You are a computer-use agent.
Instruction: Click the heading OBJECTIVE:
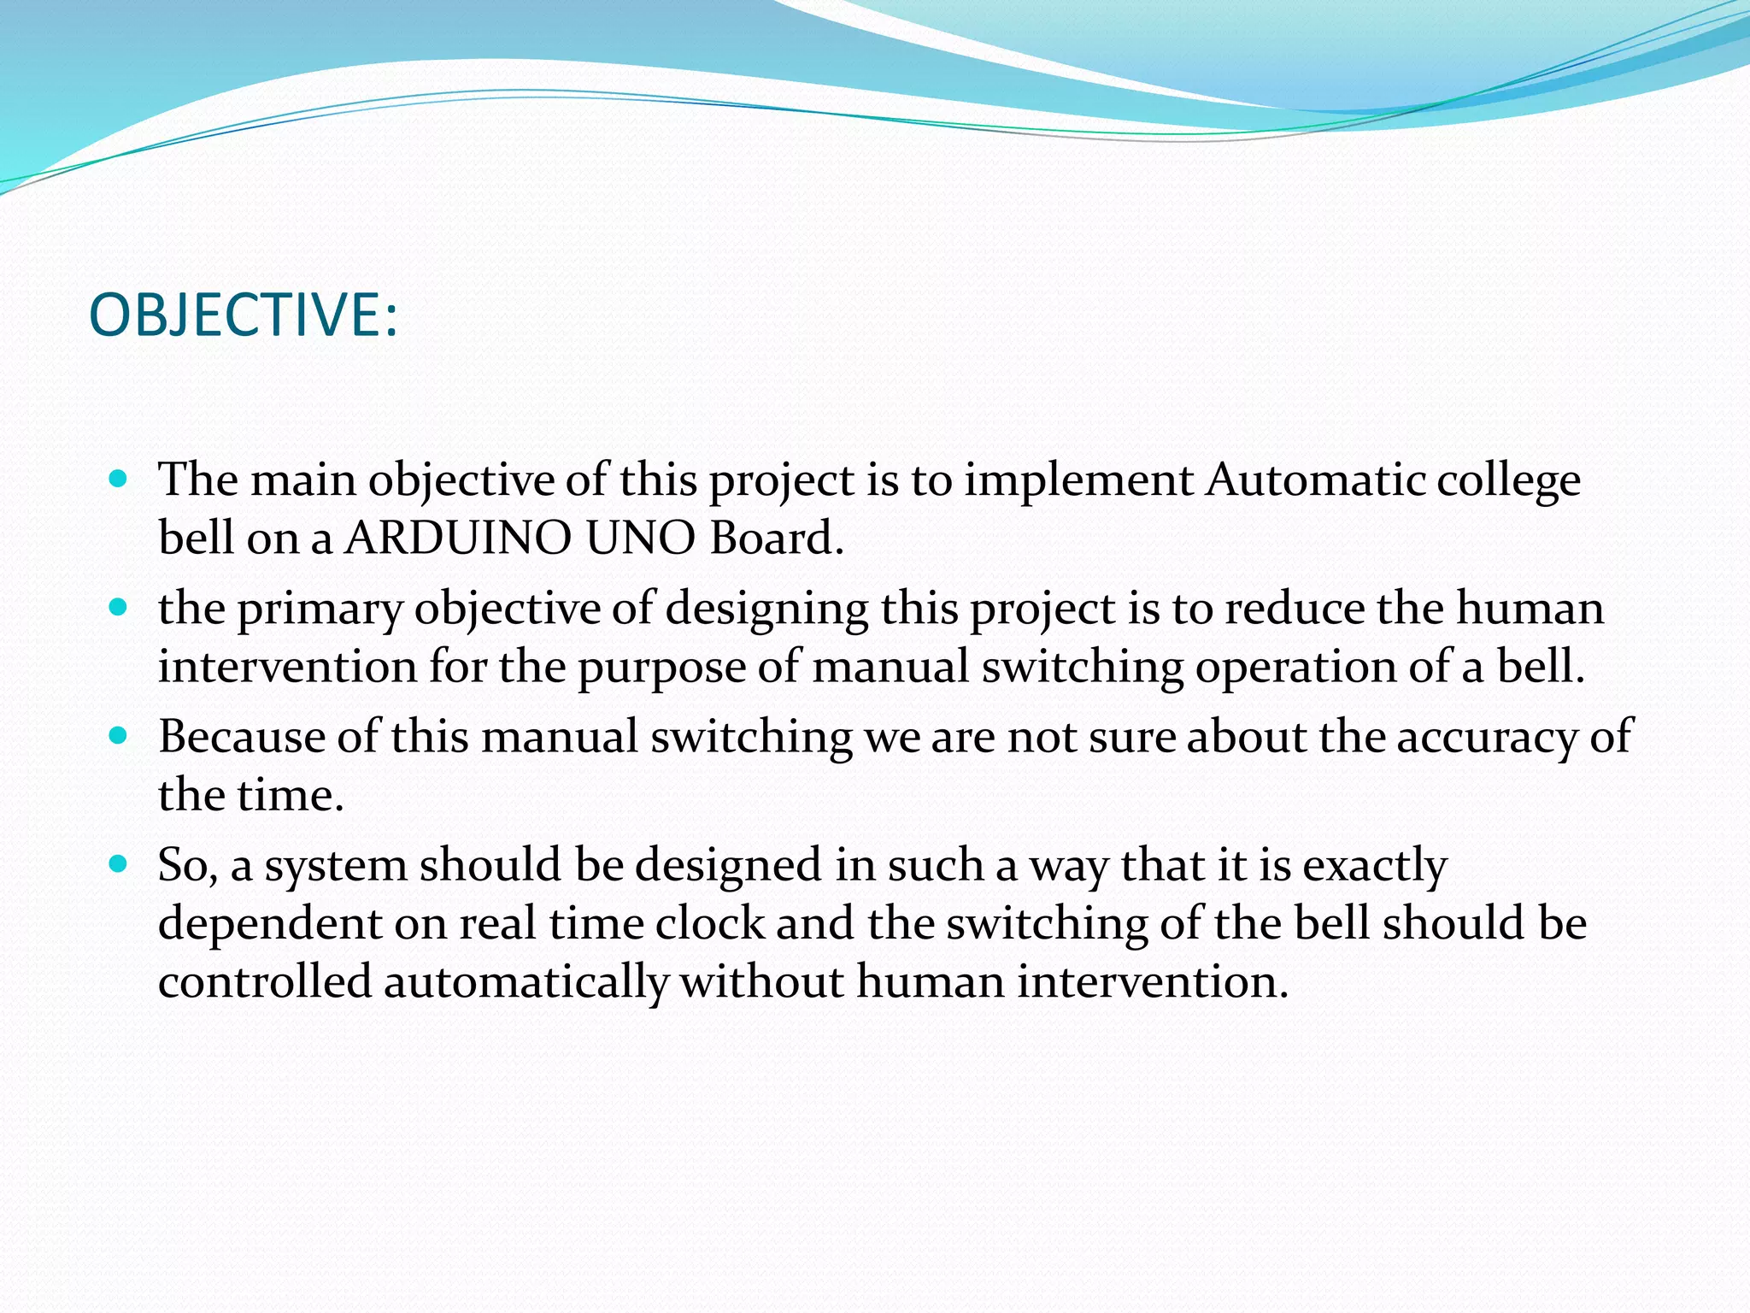244,315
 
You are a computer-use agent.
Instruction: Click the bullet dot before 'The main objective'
119,478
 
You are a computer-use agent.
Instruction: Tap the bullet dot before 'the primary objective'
119,608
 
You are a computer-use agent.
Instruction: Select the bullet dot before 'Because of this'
119,735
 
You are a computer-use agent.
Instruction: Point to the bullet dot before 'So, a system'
119,864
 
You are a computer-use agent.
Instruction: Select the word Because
241,736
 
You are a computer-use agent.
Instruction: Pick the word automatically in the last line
526,982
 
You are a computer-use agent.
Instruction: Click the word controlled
265,981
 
